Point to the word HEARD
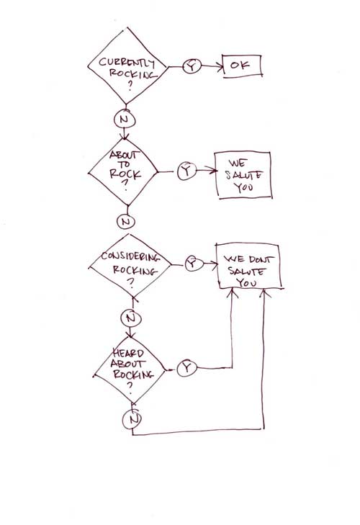click(x=128, y=353)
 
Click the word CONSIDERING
click(x=130, y=256)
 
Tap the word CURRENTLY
click(x=127, y=62)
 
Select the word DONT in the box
click(x=261, y=259)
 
